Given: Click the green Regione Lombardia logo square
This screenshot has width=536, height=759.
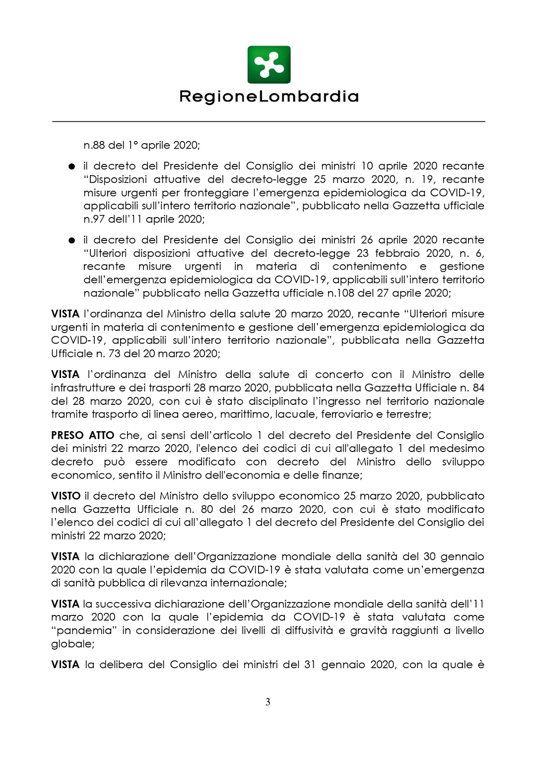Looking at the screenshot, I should [x=268, y=65].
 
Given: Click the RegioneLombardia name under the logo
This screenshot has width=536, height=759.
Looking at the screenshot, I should [x=268, y=96].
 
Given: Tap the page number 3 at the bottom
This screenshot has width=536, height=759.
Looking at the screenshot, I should [x=268, y=702].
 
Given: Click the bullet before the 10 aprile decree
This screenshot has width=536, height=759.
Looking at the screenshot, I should [x=72, y=166].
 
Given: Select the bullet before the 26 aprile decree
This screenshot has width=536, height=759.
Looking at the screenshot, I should [x=72, y=240].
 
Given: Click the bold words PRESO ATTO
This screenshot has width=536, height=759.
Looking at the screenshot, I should [x=82, y=436].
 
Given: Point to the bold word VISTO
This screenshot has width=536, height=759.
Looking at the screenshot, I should [x=66, y=496].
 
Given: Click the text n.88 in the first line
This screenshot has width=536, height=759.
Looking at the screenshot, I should [x=94, y=146].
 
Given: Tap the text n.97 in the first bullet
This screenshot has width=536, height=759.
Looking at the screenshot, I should [x=94, y=219].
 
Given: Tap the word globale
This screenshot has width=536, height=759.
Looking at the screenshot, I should [x=72, y=644].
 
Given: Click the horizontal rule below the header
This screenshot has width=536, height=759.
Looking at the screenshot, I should [x=268, y=121].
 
